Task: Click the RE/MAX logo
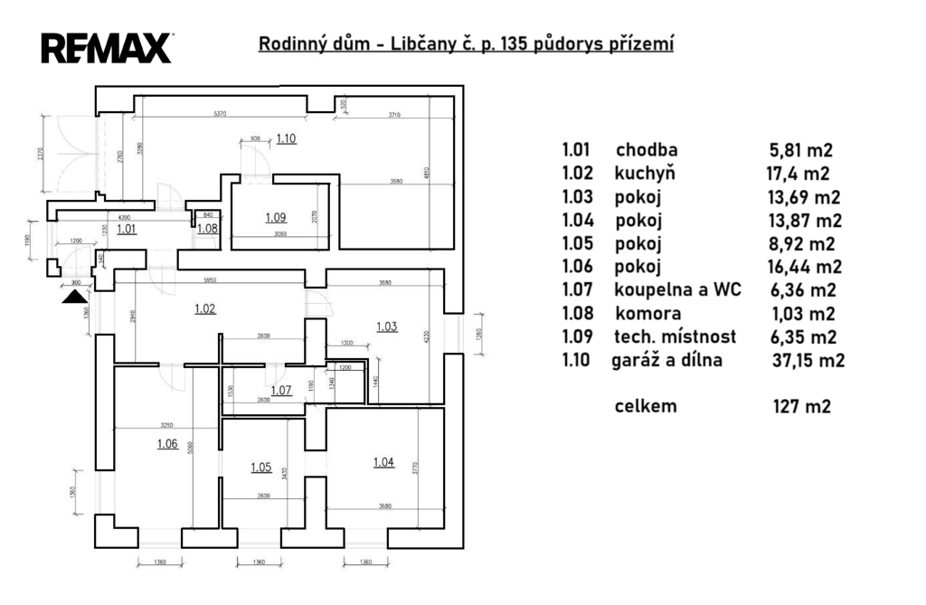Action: point(106,47)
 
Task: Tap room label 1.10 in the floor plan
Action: point(287,138)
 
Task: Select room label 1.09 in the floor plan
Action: point(276,217)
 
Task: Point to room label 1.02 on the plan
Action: point(205,308)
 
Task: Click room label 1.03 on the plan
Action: point(386,326)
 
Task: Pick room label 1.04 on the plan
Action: point(383,463)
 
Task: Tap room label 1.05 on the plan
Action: point(260,468)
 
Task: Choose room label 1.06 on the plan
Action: point(167,443)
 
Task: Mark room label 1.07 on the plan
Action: point(281,391)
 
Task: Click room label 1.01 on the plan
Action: point(127,229)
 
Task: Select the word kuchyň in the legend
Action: point(645,174)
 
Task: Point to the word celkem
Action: point(646,406)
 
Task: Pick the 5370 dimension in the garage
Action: point(213,114)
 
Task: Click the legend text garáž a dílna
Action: point(667,361)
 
